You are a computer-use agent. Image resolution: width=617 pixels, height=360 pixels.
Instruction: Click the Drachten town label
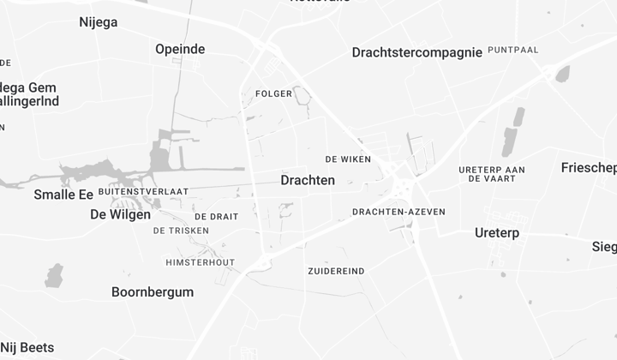pos(308,181)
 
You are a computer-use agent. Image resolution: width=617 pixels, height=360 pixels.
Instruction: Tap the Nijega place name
pos(98,22)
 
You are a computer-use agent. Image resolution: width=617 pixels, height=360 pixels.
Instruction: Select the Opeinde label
pos(180,50)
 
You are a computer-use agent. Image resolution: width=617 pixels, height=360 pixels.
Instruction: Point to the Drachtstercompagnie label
pos(416,53)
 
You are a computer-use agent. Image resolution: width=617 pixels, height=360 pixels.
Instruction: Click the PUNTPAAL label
pos(512,51)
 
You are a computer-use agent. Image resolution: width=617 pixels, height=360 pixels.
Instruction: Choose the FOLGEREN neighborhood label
pos(274,93)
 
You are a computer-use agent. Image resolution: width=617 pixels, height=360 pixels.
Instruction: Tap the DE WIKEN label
pos(348,159)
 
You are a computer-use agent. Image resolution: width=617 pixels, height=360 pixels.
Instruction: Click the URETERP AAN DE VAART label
pos(492,174)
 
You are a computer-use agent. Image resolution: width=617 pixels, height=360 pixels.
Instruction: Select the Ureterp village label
pos(497,233)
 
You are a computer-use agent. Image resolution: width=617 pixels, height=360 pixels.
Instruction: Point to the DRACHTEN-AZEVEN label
pos(398,212)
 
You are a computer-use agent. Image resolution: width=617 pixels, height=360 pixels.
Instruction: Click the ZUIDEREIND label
pos(336,271)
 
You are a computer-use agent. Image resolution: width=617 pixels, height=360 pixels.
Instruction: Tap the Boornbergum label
pos(153,292)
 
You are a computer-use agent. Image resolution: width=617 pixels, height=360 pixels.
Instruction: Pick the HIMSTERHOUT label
pos(200,262)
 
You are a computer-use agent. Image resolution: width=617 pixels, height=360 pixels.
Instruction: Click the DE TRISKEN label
pos(182,231)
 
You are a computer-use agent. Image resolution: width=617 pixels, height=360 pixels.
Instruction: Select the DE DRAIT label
pos(216,217)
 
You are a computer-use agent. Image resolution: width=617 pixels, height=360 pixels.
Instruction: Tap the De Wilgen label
pos(120,215)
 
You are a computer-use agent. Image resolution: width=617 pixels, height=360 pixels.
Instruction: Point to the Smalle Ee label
pos(63,195)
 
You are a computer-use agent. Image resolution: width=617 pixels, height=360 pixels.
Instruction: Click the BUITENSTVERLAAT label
pos(143,191)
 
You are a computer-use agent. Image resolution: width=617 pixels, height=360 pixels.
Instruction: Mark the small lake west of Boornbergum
pos(54,275)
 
